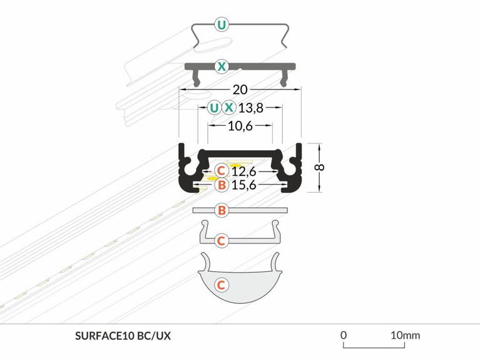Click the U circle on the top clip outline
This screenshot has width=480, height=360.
click(222, 26)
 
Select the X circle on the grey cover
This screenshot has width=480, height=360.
click(222, 66)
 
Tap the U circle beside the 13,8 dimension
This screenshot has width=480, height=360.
click(215, 107)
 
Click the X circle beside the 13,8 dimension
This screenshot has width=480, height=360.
click(230, 107)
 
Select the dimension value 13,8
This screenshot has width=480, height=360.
click(252, 108)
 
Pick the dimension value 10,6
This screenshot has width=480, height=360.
click(241, 126)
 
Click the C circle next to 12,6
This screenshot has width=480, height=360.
click(221, 170)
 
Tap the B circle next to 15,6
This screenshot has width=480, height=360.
click(221, 185)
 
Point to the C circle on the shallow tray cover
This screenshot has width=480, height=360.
click(221, 240)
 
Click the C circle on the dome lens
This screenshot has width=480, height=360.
click(221, 285)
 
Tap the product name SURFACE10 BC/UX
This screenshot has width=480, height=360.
click(122, 336)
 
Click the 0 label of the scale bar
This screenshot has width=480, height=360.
click(344, 335)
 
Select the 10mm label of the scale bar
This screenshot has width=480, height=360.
click(406, 335)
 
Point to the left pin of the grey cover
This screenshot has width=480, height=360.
click(196, 79)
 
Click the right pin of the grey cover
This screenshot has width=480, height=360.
click(286, 79)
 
